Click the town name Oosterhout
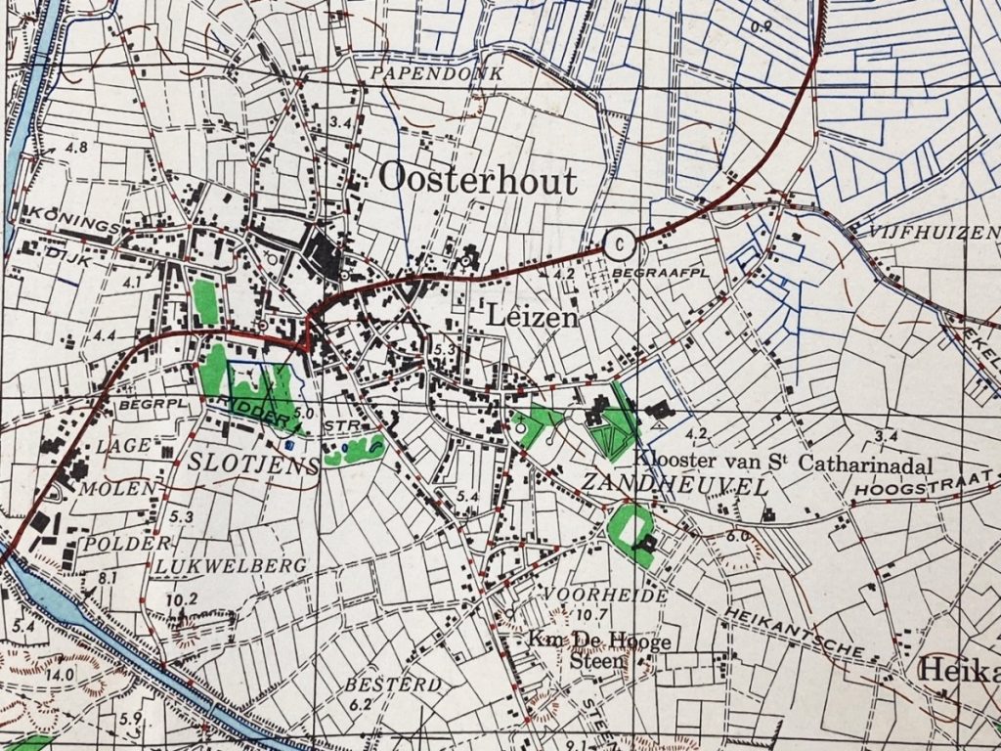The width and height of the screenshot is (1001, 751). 477,178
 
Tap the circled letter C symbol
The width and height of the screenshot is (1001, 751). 618,243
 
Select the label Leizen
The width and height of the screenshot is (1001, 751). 531,318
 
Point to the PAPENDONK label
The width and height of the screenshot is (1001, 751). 443,73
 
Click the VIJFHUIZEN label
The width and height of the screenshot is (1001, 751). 930,232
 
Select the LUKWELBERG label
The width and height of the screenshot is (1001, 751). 231,565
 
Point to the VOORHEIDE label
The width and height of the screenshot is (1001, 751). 592,595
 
